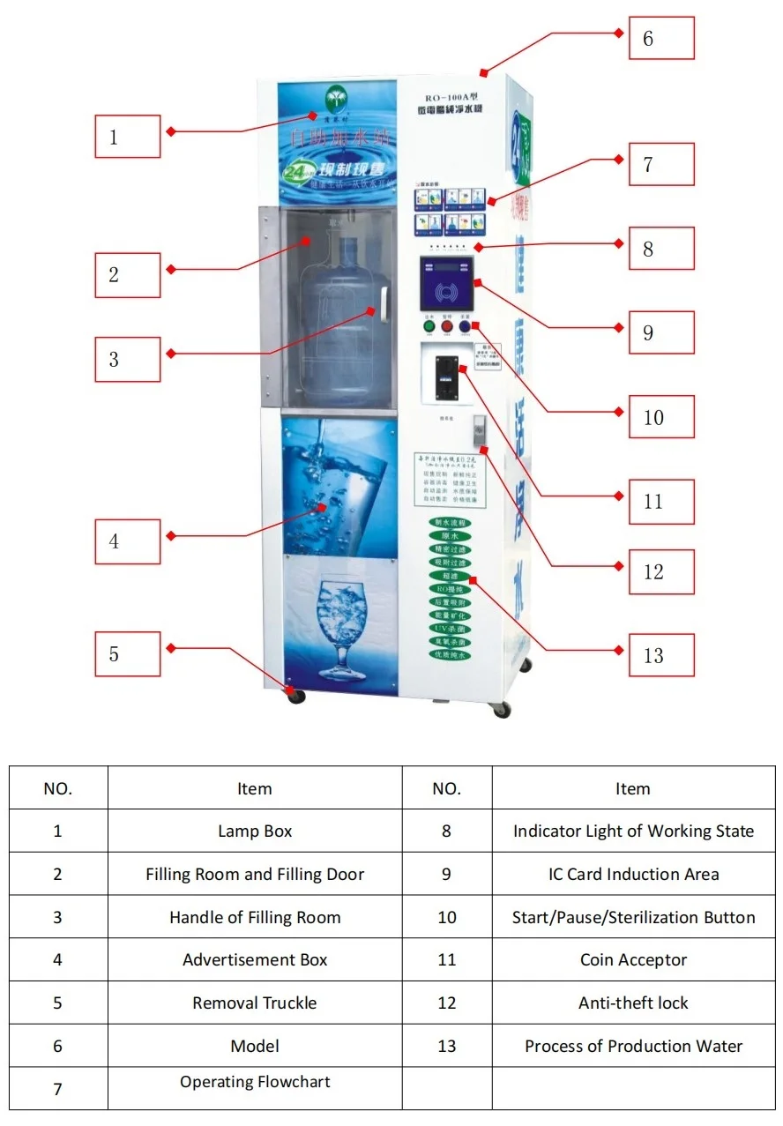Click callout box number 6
click(x=661, y=39)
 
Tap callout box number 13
click(x=661, y=655)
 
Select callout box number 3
click(x=128, y=360)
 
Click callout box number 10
click(x=661, y=417)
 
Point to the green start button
click(x=429, y=327)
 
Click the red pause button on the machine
click(x=446, y=327)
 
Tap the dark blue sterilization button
click(x=465, y=327)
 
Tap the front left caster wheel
click(x=295, y=696)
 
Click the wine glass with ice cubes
click(x=340, y=626)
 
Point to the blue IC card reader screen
click(x=446, y=287)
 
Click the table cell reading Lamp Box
click(x=255, y=831)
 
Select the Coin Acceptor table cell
click(x=633, y=960)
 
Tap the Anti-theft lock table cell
click(x=633, y=1003)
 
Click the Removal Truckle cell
click(x=255, y=1003)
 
